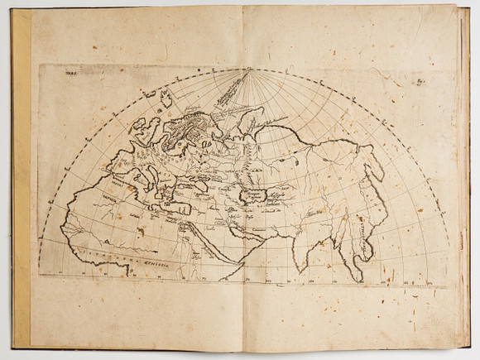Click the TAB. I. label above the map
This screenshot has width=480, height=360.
pos(66,72)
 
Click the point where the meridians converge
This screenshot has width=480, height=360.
pos(247,72)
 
